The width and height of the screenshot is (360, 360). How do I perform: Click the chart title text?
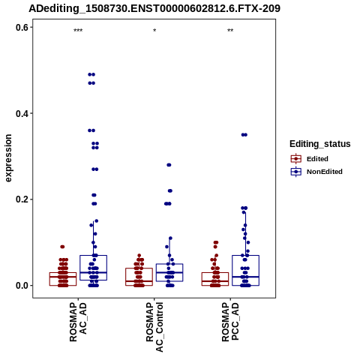pyautogui.click(x=154, y=8)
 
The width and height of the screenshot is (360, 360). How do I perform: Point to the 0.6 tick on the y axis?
pyautogui.click(x=22, y=27)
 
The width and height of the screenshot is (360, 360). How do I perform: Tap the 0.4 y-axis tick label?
pyautogui.click(x=22, y=113)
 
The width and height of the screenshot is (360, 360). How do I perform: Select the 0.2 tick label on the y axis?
pyautogui.click(x=22, y=199)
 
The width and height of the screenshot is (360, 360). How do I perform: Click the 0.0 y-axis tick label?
pyautogui.click(x=22, y=286)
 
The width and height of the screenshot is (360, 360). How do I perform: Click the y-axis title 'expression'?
pyautogui.click(x=8, y=158)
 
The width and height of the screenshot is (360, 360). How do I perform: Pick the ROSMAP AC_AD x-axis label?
pyautogui.click(x=78, y=322)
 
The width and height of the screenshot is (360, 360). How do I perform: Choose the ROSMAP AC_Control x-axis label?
pyautogui.click(x=154, y=327)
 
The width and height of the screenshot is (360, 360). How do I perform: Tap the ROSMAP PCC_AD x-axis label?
pyautogui.click(x=230, y=322)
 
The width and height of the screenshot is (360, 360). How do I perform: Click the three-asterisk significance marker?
pyautogui.click(x=78, y=31)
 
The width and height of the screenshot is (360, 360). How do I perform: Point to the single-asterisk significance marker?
pyautogui.click(x=154, y=31)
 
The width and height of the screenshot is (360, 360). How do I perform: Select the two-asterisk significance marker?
pyautogui.click(x=230, y=31)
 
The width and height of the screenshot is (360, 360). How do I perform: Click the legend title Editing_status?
pyautogui.click(x=320, y=144)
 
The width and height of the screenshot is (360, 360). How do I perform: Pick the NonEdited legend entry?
pyautogui.click(x=316, y=172)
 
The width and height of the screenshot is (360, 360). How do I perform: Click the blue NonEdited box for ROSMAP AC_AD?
pyautogui.click(x=93, y=268)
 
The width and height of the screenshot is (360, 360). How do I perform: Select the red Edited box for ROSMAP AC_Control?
pyautogui.click(x=139, y=277)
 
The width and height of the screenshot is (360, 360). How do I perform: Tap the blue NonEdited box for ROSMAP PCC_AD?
pyautogui.click(x=245, y=270)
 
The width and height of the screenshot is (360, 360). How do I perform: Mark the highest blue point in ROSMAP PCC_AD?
pyautogui.click(x=244, y=135)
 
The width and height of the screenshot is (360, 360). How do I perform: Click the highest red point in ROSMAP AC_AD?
pyautogui.click(x=62, y=247)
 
